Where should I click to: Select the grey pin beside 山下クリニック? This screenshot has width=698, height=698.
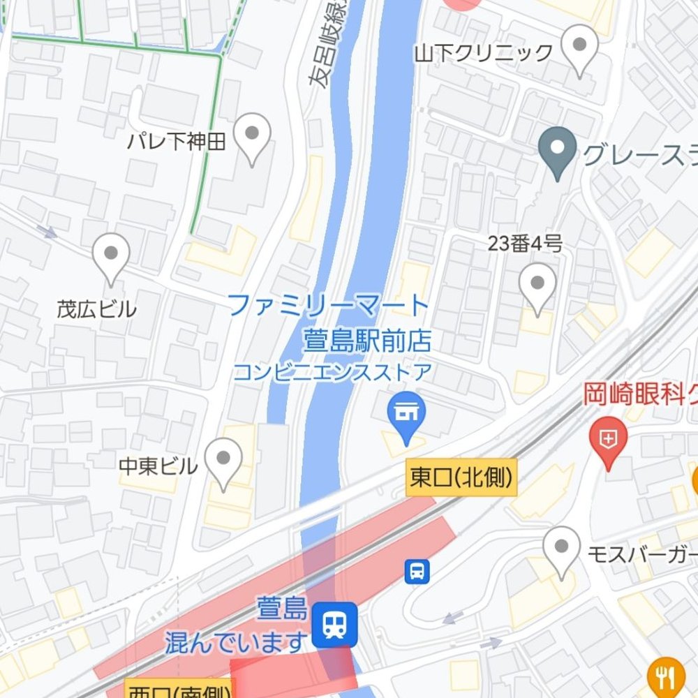tap(579, 47)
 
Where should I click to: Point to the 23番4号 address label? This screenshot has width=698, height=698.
tap(525, 244)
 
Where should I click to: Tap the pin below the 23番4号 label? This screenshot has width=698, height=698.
tap(537, 286)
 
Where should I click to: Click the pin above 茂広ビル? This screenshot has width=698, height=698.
tap(110, 255)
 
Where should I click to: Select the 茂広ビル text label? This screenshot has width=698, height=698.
tap(96, 309)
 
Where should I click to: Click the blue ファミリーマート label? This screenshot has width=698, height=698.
tap(328, 306)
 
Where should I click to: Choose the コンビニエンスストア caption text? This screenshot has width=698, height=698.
tap(332, 372)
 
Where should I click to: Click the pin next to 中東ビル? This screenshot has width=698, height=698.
tap(223, 461)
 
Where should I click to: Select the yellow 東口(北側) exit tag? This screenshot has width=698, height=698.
tap(461, 479)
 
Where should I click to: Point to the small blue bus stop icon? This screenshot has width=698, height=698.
tap(417, 572)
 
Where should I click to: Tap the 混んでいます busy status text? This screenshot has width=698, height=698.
tap(236, 641)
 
